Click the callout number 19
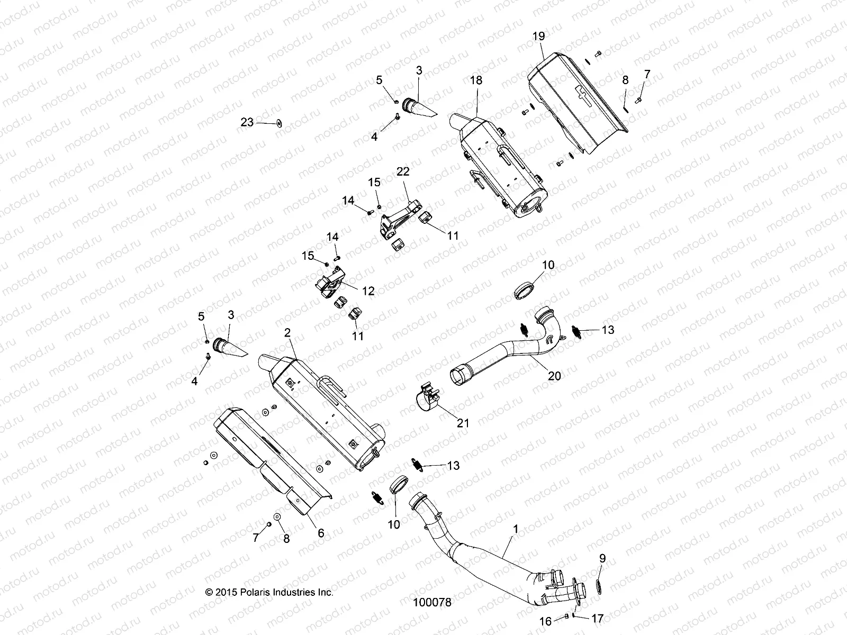538,37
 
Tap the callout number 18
476,80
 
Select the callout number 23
262,122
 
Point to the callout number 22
403,171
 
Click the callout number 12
368,291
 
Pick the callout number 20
554,376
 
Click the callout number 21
463,423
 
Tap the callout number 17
597,618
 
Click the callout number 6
321,533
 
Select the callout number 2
287,332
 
